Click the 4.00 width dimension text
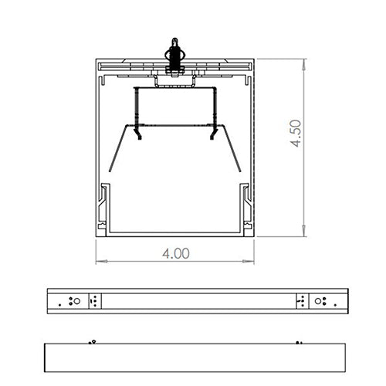point(176,253)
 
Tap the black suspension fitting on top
point(175,55)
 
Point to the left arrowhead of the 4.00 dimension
point(99,261)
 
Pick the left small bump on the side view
point(92,340)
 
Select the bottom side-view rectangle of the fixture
point(193,357)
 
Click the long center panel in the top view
point(197,300)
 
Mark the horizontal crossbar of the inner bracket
point(175,90)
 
